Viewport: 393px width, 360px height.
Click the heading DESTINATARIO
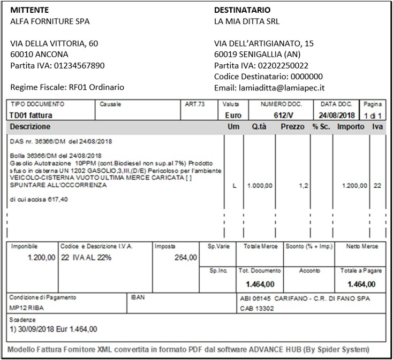[242, 10]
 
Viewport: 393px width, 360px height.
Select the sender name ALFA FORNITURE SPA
[50, 21]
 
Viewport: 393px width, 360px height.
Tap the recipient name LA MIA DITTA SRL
[246, 21]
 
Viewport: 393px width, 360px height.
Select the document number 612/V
[281, 115]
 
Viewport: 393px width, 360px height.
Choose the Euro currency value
[233, 115]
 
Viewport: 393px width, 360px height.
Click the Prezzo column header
[292, 127]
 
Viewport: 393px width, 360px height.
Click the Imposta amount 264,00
[185, 257]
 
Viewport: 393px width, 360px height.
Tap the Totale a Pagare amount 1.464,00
[361, 284]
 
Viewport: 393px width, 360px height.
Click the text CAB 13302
[256, 308]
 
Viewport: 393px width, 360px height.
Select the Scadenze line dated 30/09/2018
[54, 328]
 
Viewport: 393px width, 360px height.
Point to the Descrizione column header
[30, 127]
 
